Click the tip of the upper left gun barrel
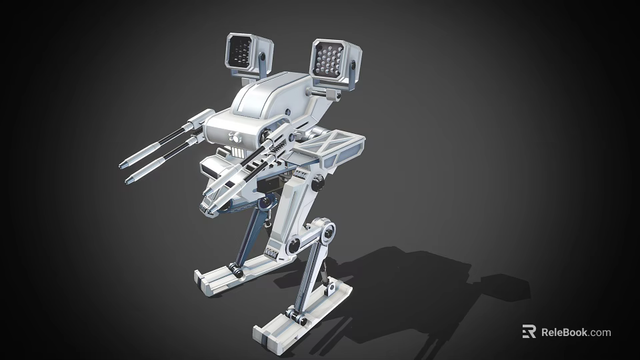[123, 164]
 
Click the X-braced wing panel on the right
[336, 147]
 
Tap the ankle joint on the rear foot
[235, 269]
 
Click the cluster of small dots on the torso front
[234, 138]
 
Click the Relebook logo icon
[529, 331]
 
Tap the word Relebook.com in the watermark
[575, 332]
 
